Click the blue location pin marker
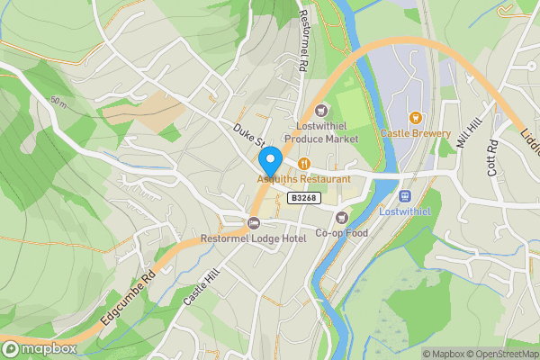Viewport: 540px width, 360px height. [270, 161]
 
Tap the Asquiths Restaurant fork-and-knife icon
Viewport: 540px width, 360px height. [304, 164]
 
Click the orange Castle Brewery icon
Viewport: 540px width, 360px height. [415, 117]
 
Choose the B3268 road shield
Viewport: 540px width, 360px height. [301, 197]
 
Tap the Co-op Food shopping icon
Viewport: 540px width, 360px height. [341, 217]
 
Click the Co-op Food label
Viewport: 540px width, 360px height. [342, 233]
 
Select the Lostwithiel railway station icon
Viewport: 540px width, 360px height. [405, 195]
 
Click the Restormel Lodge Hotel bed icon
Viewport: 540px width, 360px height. [254, 222]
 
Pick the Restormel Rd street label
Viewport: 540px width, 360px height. [303, 36]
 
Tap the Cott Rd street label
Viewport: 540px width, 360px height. [492, 157]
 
